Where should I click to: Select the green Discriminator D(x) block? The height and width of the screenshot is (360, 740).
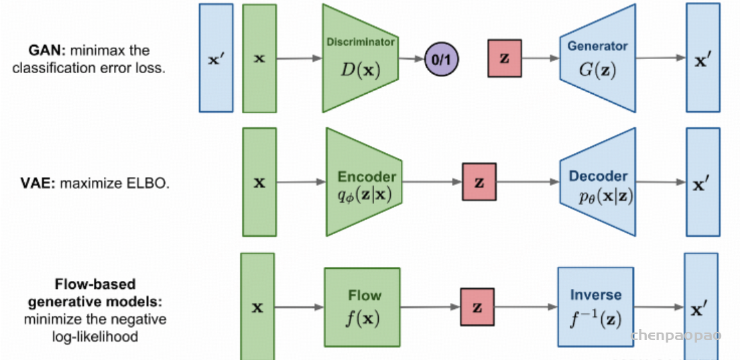pyautogui.click(x=361, y=58)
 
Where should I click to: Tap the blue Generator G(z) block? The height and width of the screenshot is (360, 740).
pyautogui.click(x=597, y=58)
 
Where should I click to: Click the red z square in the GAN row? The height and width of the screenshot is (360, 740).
pyautogui.click(x=505, y=58)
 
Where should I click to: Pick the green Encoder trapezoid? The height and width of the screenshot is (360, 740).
pyautogui.click(x=364, y=182)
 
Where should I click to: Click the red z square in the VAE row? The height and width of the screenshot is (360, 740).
pyautogui.click(x=479, y=182)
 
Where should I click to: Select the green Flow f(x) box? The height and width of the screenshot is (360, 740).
pyautogui.click(x=362, y=306)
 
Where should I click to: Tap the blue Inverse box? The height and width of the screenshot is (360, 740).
pyautogui.click(x=595, y=306)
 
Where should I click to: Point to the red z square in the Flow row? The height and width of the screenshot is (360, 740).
pyautogui.click(x=477, y=307)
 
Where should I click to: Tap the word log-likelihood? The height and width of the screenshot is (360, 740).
pyautogui.click(x=95, y=337)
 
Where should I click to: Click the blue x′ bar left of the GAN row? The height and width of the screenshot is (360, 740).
pyautogui.click(x=216, y=58)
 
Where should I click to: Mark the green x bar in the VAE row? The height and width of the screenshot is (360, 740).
pyautogui.click(x=259, y=182)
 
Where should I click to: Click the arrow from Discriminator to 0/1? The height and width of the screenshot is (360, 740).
pyautogui.click(x=411, y=59)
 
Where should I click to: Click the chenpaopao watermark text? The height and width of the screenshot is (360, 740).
pyautogui.click(x=676, y=335)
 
